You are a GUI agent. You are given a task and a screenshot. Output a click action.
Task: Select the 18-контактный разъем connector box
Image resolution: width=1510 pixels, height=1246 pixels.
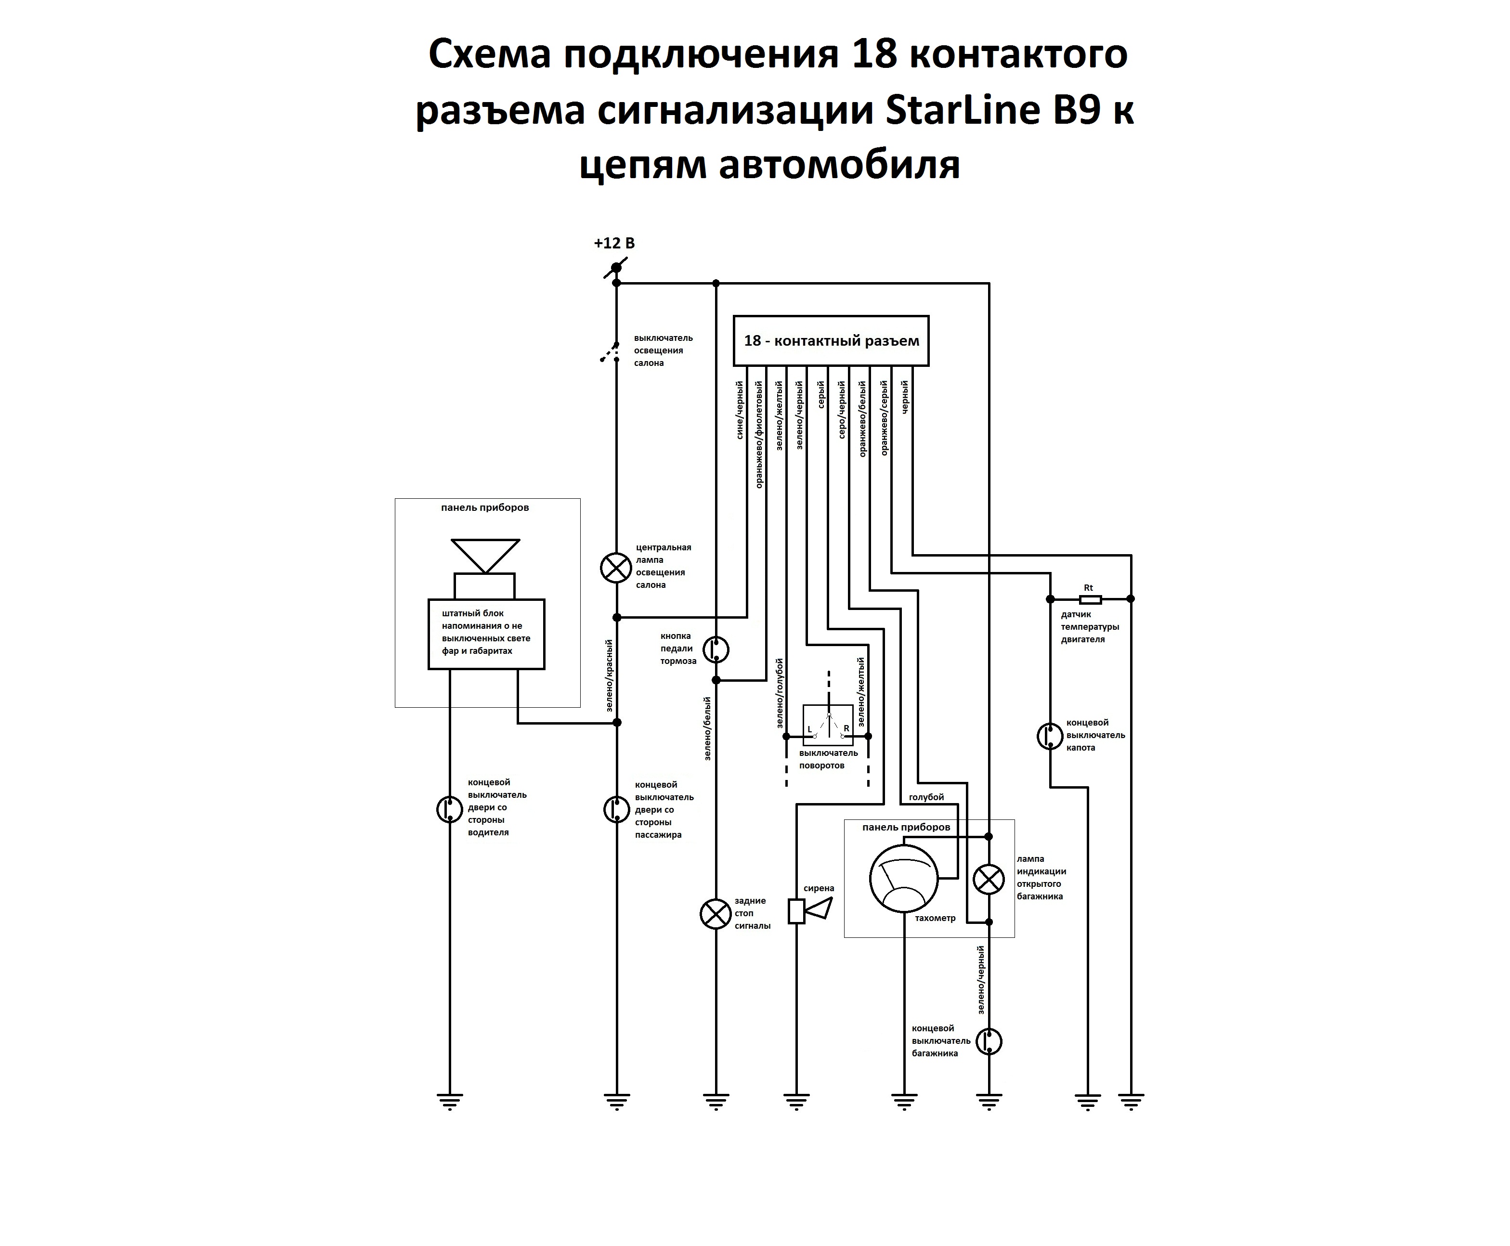tap(831, 340)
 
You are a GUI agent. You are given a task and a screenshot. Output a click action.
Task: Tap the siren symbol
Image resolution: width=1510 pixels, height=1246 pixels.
tap(809, 910)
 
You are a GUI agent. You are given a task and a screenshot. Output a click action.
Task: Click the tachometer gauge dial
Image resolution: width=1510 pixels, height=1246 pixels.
tap(903, 879)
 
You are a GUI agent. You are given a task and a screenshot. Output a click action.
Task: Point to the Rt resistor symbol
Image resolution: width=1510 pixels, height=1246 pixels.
tap(1090, 598)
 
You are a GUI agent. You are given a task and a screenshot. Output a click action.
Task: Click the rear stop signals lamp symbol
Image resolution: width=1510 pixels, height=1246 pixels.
tap(715, 914)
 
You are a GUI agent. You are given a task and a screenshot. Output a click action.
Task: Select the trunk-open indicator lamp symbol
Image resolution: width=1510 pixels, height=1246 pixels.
tap(988, 879)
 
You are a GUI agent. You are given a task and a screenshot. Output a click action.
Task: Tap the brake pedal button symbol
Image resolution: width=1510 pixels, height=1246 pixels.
tap(715, 649)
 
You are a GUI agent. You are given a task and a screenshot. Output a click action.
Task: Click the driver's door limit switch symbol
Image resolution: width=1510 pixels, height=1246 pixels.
tap(450, 810)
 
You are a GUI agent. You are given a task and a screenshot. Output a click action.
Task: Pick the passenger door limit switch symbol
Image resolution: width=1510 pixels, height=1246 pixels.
tap(616, 810)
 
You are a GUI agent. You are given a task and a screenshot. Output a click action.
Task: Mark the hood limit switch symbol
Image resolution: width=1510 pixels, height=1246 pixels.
tap(1050, 737)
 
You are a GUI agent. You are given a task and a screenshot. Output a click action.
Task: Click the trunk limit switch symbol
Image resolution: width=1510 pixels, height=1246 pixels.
tap(989, 1041)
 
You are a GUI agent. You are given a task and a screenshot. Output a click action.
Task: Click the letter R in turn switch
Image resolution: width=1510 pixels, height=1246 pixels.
tap(846, 728)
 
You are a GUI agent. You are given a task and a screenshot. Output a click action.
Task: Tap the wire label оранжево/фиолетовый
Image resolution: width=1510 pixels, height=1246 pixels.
tap(759, 434)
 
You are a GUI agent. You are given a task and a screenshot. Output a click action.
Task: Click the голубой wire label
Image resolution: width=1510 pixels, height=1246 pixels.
tap(926, 797)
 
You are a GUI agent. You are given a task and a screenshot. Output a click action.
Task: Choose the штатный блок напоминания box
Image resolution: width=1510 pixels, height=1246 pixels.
tap(486, 634)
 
